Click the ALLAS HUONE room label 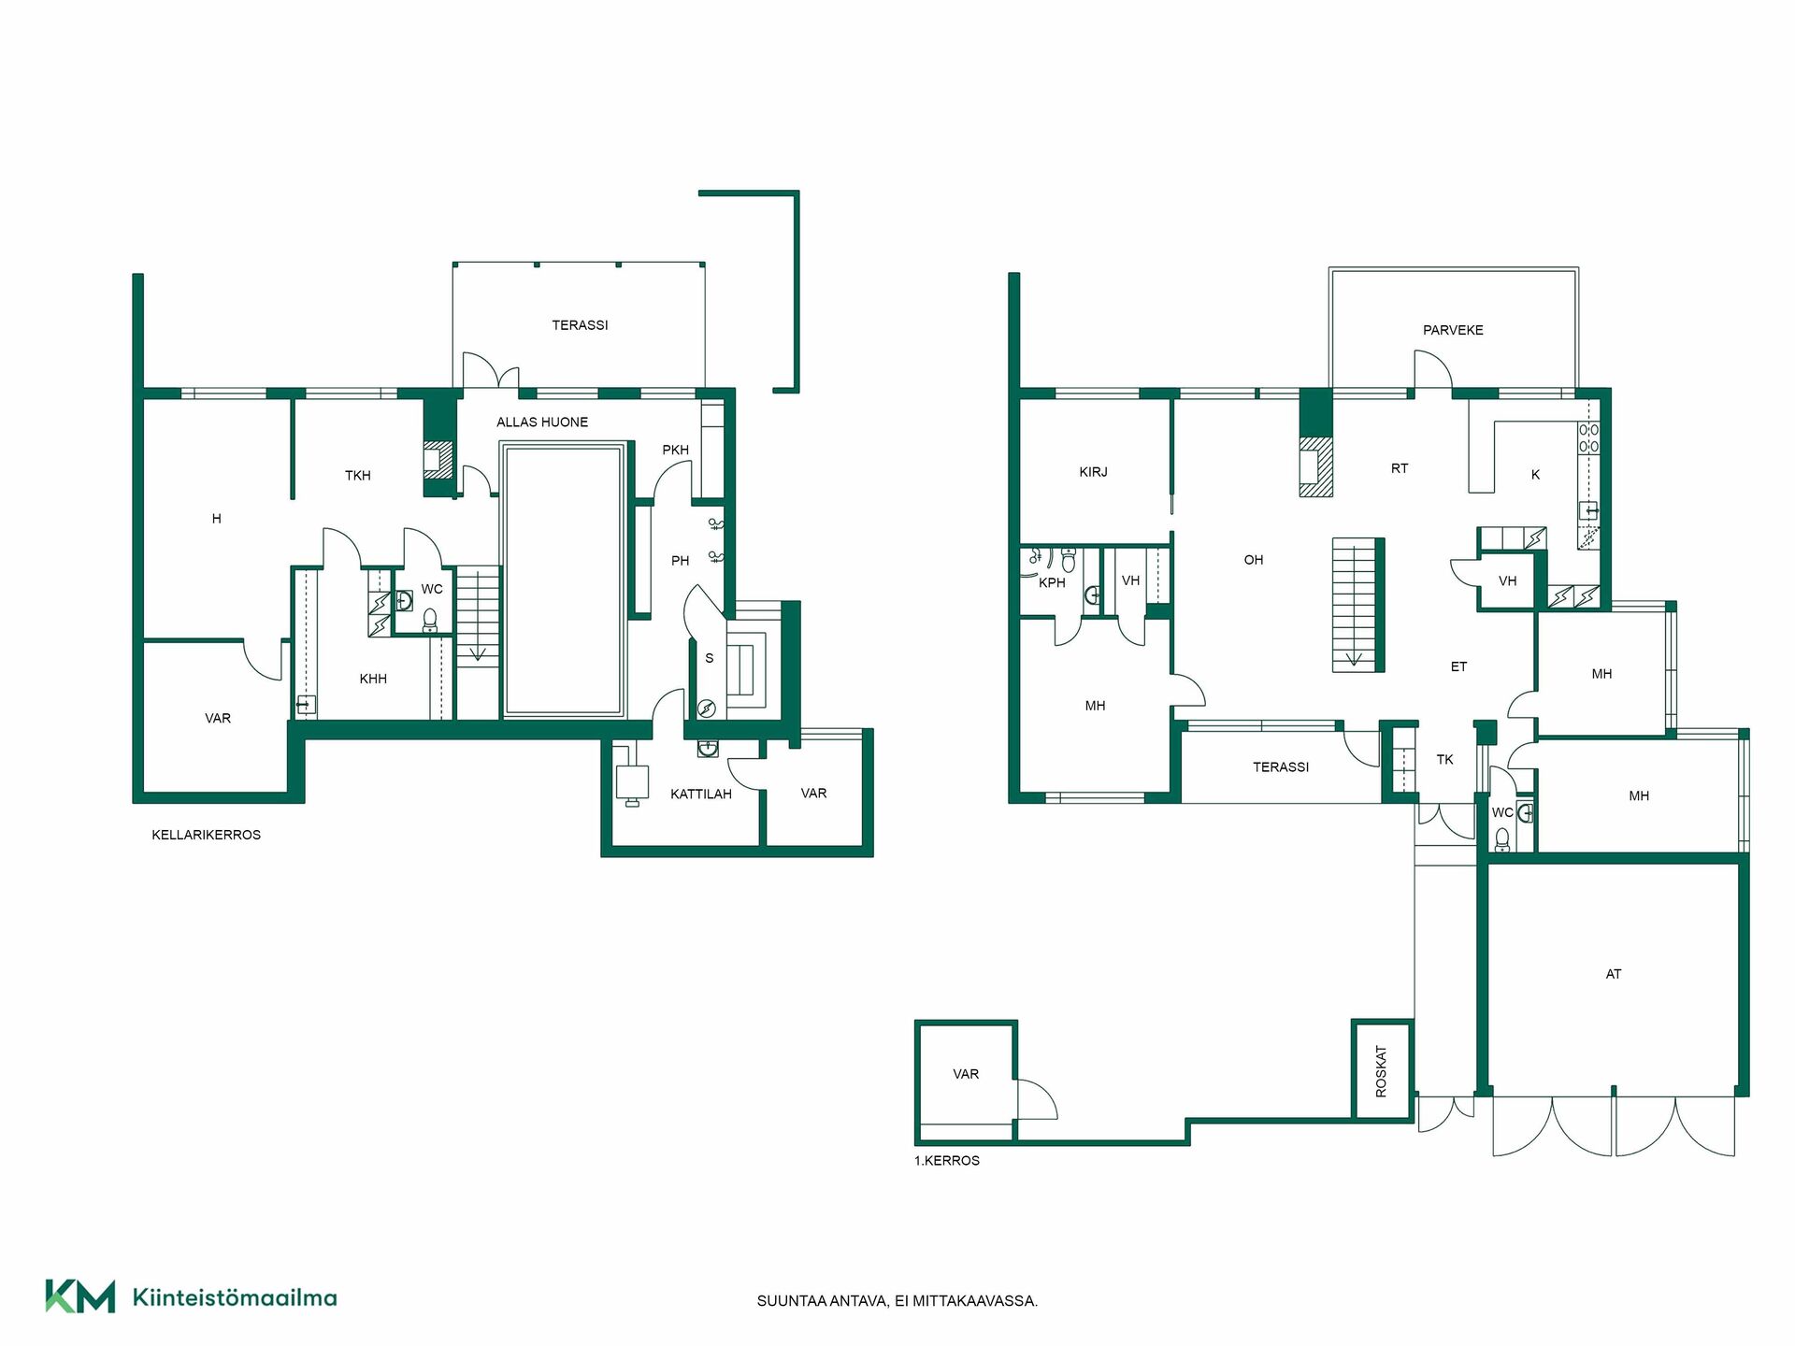(542, 422)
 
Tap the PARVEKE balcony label (1453, 330)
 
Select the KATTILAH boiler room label (701, 795)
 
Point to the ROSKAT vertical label (1381, 1071)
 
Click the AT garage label (1614, 974)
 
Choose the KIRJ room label (1093, 472)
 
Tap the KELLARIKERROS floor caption (206, 835)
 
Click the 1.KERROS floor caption (947, 1161)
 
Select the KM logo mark (80, 1296)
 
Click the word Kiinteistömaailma (235, 1297)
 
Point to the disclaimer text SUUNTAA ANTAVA (822, 1301)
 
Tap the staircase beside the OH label (1357, 605)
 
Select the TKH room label (358, 476)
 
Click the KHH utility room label (373, 679)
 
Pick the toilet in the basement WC (430, 620)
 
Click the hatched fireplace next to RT (1315, 466)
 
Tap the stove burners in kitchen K (1588, 438)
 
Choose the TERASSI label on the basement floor (580, 325)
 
